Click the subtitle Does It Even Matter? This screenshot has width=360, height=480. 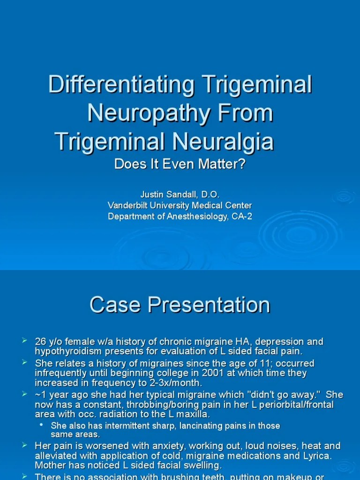180,165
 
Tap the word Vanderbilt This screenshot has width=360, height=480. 130,205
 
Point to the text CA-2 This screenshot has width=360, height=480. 242,217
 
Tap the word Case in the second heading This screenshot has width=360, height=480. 115,305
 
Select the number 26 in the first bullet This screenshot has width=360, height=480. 41,342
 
